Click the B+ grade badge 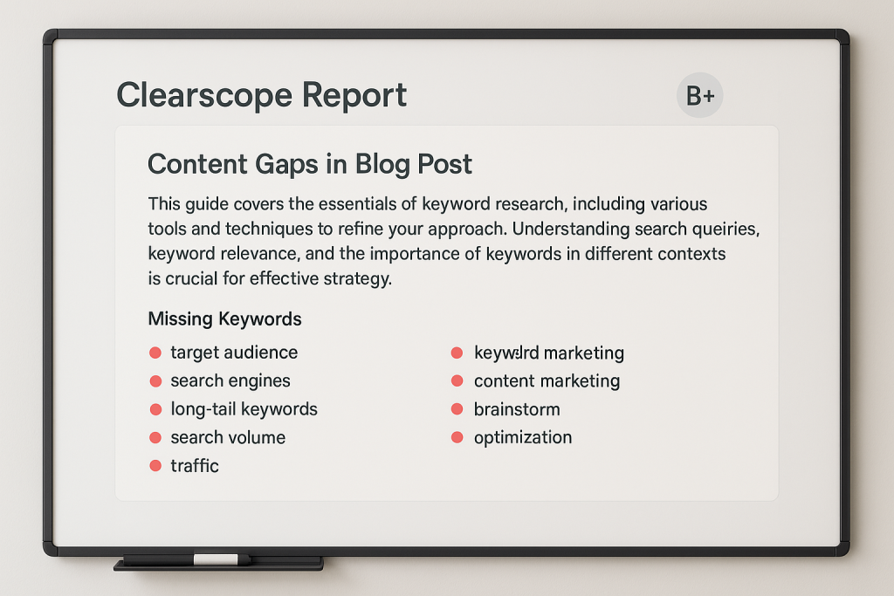699,96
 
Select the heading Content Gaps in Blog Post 310,164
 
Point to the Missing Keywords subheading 224,319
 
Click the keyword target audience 234,353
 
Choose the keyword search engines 230,380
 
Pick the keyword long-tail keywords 244,409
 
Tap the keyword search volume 228,437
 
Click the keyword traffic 195,465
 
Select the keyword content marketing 547,380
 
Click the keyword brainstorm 517,409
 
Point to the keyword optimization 523,437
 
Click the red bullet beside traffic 155,465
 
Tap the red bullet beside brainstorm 456,409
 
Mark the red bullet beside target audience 155,353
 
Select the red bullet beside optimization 456,437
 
